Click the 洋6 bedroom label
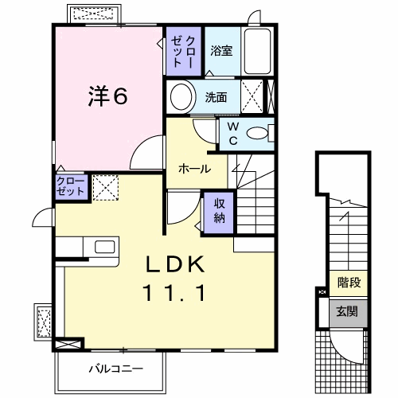(x=107, y=96)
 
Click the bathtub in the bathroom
(x=258, y=53)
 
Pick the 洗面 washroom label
(x=216, y=98)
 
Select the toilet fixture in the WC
(x=256, y=134)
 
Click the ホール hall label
(x=194, y=169)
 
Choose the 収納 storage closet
(x=219, y=211)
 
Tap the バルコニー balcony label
(x=115, y=369)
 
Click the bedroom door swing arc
(x=147, y=152)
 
